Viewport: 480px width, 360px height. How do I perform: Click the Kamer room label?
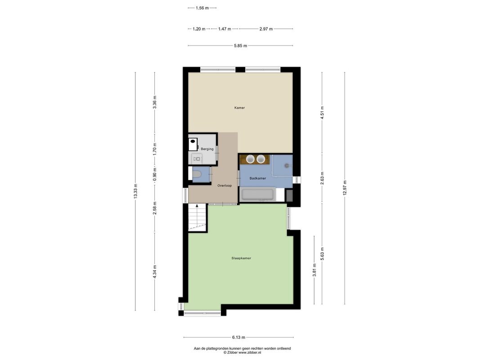pos(239,108)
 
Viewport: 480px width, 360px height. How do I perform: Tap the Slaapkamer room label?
pos(241,258)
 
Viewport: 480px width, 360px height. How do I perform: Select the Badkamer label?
pos(258,178)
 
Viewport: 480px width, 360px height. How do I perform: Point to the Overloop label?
pos(224,185)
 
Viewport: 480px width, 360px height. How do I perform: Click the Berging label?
pos(207,149)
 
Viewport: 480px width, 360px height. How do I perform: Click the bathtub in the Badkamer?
pos(258,195)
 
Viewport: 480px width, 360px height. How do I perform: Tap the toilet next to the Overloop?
pos(197,175)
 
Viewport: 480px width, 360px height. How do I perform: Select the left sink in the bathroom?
pos(251,159)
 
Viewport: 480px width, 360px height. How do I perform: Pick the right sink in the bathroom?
pos(260,159)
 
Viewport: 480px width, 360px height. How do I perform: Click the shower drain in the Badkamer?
pos(287,166)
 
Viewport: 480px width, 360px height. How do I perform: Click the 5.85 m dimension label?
pos(240,45)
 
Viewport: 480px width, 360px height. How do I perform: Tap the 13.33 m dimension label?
pos(135,191)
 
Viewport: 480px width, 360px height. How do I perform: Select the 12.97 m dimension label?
pos(345,188)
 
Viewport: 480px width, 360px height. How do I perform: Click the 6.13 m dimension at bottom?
pos(238,337)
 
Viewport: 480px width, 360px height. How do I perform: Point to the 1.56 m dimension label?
pos(202,8)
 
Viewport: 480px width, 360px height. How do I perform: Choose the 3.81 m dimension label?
pos(314,270)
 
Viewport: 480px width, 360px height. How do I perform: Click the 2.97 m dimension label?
pos(266,29)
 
